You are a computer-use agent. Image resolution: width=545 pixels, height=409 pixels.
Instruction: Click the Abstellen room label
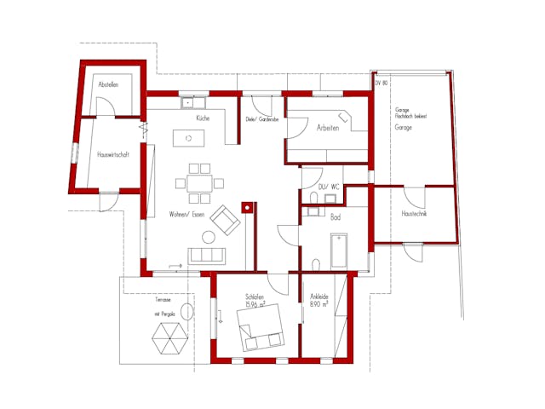108,85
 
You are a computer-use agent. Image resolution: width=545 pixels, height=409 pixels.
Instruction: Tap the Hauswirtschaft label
112,155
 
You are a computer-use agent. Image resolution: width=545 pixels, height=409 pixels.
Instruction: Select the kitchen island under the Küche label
183,137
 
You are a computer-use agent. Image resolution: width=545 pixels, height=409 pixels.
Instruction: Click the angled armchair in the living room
226,220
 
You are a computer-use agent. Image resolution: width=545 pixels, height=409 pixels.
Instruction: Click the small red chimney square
248,206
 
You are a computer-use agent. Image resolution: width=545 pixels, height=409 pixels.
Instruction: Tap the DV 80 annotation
381,84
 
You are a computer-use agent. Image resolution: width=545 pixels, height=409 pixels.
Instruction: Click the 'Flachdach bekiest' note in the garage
410,116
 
